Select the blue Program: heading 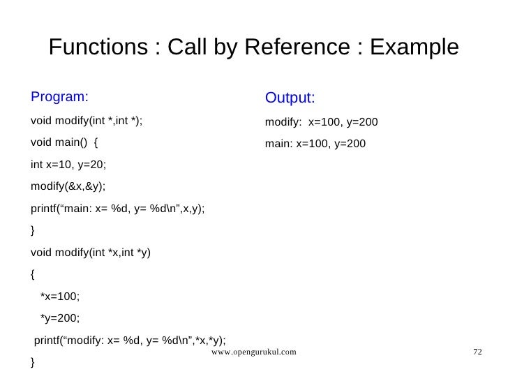click(60, 96)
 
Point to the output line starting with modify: click(321, 121)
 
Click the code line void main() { click(64, 144)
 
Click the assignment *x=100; click(60, 296)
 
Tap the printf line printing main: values click(117, 209)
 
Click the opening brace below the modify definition click(33, 274)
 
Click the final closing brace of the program click(33, 362)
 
